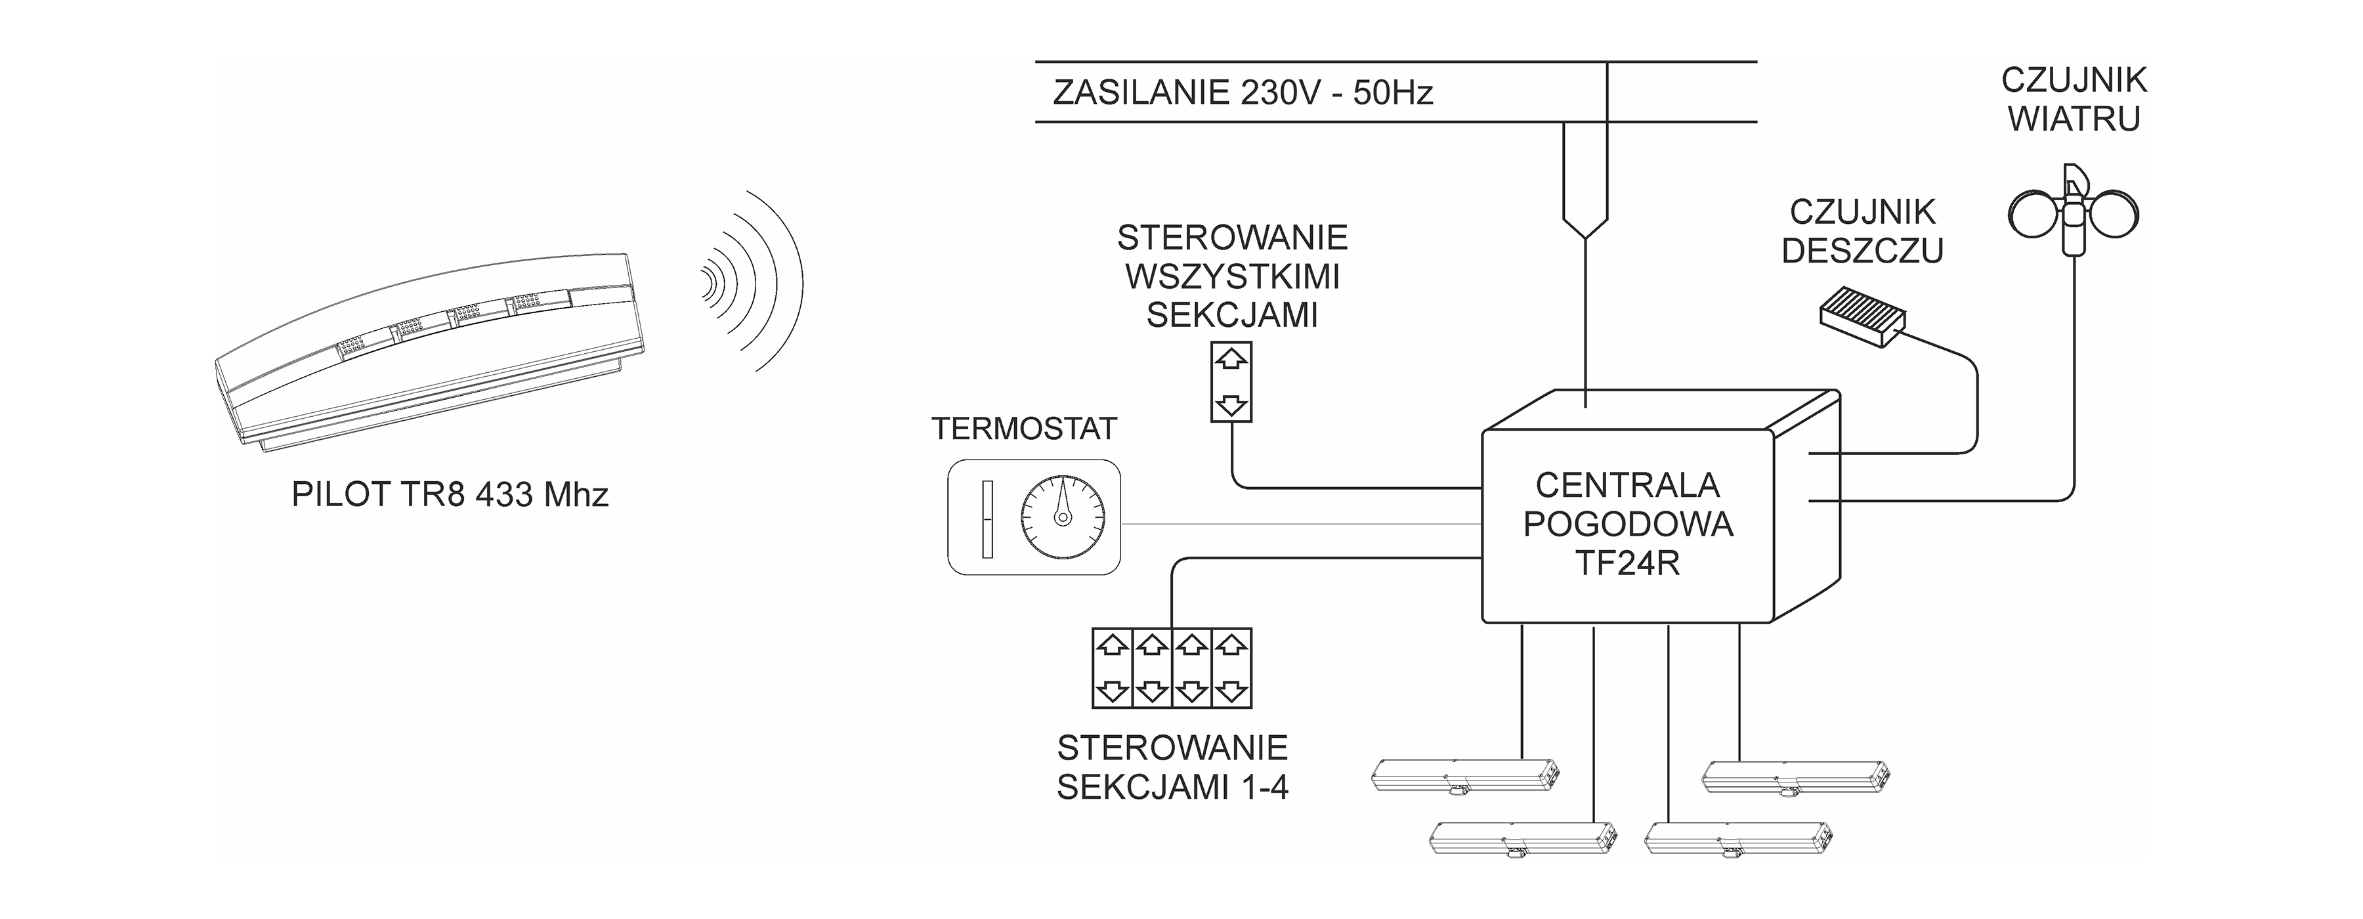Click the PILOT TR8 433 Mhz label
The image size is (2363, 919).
450,495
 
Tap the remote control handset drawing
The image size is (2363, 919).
431,353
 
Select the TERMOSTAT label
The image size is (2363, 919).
1025,428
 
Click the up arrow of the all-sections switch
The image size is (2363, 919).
1231,360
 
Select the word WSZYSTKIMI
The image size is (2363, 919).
1232,277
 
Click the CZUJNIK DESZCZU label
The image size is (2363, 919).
1862,231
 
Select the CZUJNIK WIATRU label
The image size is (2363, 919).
2074,99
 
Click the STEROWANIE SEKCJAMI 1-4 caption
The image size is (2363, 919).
1172,767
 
